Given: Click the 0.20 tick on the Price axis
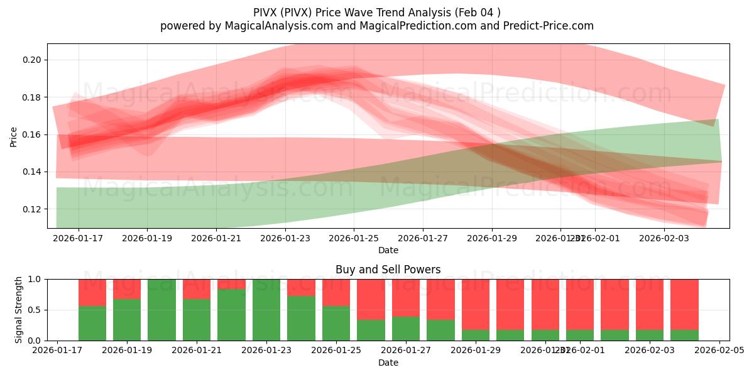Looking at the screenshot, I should click(x=33, y=60).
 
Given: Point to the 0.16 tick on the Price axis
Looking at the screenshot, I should click(x=33, y=134).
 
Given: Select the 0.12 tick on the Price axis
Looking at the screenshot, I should click(x=33, y=209).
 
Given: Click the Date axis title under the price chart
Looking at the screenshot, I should click(x=388, y=250).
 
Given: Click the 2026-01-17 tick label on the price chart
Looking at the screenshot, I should click(x=79, y=238).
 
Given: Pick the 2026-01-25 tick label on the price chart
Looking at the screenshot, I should click(x=354, y=238).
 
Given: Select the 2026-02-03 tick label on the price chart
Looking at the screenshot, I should click(x=664, y=238).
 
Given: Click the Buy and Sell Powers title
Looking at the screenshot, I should click(x=388, y=270).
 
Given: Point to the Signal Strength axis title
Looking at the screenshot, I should click(x=19, y=310).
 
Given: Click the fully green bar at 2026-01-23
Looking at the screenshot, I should click(x=266, y=310).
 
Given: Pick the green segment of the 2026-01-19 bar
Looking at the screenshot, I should click(x=127, y=320).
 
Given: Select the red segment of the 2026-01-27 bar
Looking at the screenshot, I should click(x=406, y=298).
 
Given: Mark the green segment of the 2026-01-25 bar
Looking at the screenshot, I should click(x=336, y=323).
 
